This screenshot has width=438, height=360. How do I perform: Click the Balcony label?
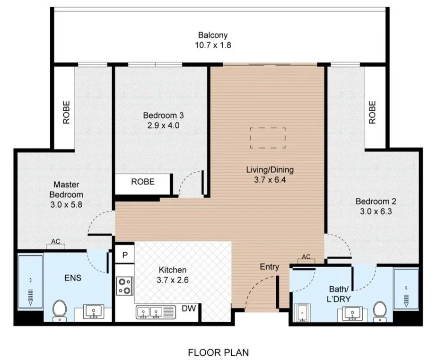point(213,35)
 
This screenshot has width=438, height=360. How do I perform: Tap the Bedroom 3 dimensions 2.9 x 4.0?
point(163,125)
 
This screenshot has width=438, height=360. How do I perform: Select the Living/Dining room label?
point(270,170)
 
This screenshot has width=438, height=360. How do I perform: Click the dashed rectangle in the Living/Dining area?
point(268,138)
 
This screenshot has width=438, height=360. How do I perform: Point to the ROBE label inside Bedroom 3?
point(143,182)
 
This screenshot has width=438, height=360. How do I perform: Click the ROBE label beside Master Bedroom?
point(66,112)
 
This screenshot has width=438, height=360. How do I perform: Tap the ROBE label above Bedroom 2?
point(372,112)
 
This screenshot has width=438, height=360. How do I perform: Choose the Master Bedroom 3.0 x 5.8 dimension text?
point(66,205)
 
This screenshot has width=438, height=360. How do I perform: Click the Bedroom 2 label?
point(376,201)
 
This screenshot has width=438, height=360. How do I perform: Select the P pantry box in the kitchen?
point(125,255)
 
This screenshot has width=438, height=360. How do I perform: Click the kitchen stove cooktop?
point(124,286)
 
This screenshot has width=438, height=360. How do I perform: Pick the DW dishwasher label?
point(189,308)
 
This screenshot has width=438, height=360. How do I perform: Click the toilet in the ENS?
point(60,311)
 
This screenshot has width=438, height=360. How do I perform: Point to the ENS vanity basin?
point(94,312)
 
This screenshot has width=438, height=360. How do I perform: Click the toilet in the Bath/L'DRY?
point(380,311)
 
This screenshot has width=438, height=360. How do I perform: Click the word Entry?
point(269,267)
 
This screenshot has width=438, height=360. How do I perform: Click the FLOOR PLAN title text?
point(219,353)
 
